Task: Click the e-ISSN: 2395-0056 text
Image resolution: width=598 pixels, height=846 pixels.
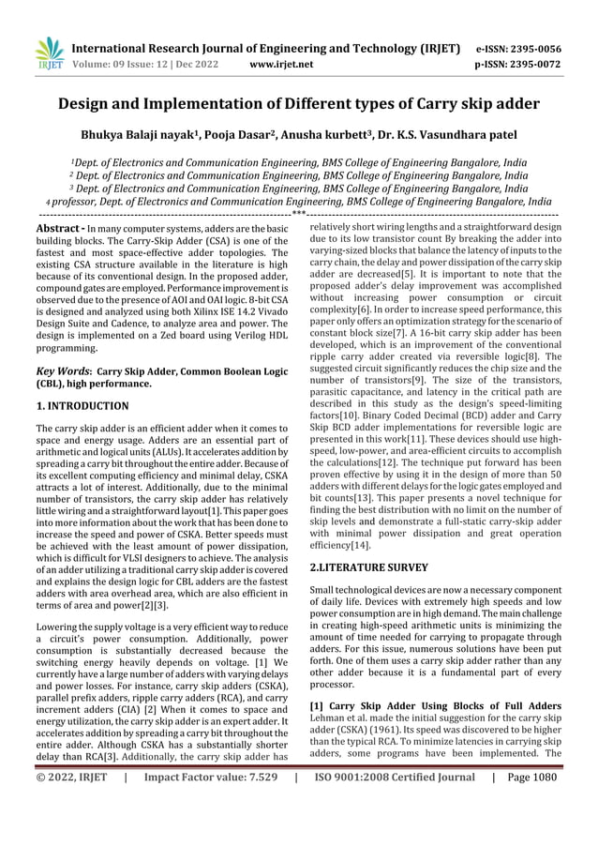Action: click(x=518, y=48)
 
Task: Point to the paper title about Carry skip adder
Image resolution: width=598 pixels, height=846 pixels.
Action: click(x=299, y=103)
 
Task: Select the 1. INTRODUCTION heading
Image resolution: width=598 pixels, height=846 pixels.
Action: click(x=82, y=406)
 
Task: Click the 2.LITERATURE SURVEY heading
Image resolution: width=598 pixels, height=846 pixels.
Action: click(x=368, y=567)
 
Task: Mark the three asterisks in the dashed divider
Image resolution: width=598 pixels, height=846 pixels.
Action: click(x=299, y=215)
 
